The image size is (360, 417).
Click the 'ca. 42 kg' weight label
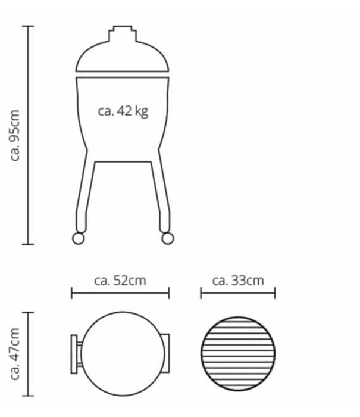click(x=123, y=111)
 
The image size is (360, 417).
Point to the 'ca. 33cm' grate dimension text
click(x=237, y=279)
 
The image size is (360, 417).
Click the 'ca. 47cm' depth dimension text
click(x=16, y=354)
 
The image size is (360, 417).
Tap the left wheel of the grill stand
click(x=77, y=238)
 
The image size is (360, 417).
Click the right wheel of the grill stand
click(x=167, y=238)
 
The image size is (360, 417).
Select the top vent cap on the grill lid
click(x=123, y=32)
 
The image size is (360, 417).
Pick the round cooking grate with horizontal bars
click(x=239, y=354)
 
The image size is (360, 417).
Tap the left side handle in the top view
click(x=74, y=354)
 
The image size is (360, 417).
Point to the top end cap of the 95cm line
click(x=27, y=26)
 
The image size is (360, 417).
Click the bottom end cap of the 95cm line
click(x=27, y=244)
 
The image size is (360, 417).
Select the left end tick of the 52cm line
click(x=72, y=292)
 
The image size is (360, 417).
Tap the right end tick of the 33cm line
click(x=275, y=292)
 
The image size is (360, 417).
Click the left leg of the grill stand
click(x=84, y=191)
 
